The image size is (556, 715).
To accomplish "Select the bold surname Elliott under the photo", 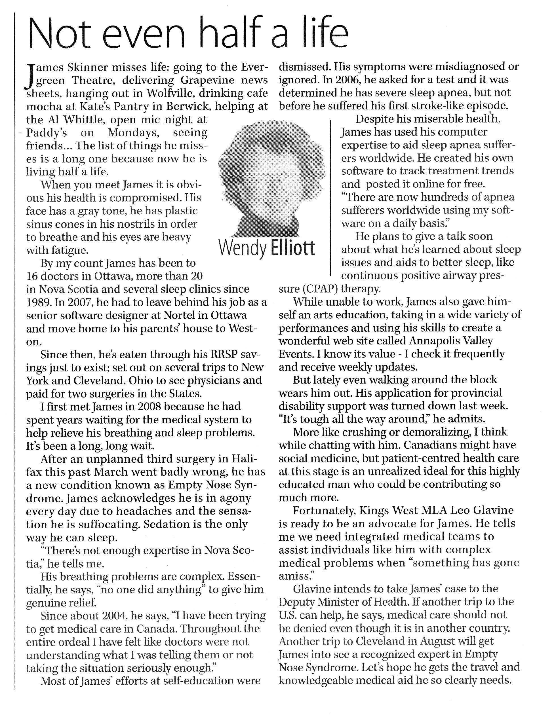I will (x=292, y=249).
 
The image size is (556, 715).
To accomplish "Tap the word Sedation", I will (x=168, y=524).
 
